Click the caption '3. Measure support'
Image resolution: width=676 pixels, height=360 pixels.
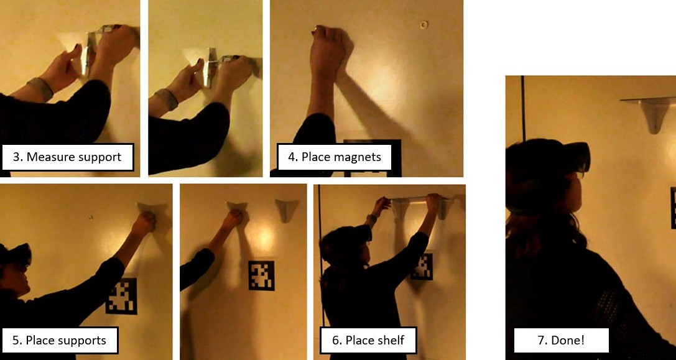pyautogui.click(x=67, y=157)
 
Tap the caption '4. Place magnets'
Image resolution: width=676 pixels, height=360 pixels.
pyautogui.click(x=334, y=157)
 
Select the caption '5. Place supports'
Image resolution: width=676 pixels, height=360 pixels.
pyautogui.click(x=59, y=340)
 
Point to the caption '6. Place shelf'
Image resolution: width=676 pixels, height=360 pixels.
pyautogui.click(x=368, y=340)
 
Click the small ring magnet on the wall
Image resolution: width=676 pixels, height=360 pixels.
pyautogui.click(x=424, y=25)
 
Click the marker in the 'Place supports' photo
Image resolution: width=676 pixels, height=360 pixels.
pyautogui.click(x=121, y=296)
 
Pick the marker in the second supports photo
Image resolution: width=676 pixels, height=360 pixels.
pyautogui.click(x=261, y=275)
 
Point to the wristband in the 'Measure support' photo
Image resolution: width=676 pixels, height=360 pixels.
pyautogui.click(x=41, y=89)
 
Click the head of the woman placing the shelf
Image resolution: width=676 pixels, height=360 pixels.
pyautogui.click(x=348, y=246)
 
